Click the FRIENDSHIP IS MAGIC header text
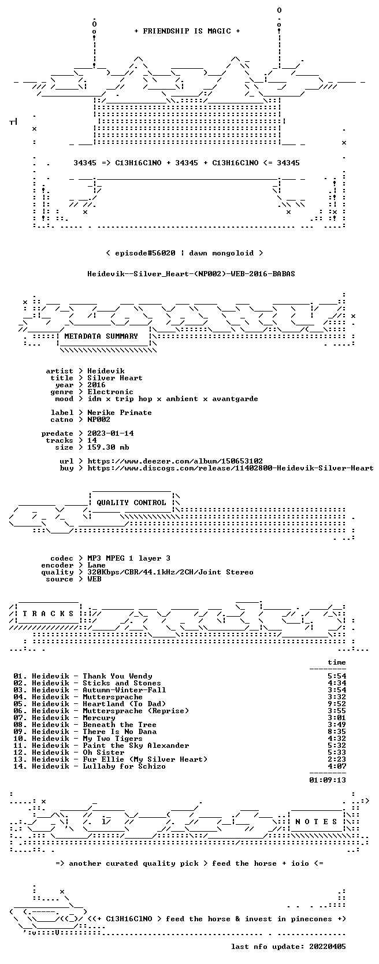(x=187, y=31)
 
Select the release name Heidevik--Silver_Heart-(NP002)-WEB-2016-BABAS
(x=191, y=274)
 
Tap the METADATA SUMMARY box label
(x=101, y=336)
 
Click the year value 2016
(x=96, y=385)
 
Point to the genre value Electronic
(x=110, y=392)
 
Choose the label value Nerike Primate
(x=120, y=412)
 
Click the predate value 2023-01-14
(x=110, y=433)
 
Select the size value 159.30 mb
(x=108, y=447)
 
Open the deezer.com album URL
(x=175, y=461)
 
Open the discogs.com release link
(x=230, y=468)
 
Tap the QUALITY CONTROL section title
(x=131, y=503)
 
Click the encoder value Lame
(x=96, y=565)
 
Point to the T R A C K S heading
(x=48, y=613)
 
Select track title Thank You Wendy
(x=117, y=676)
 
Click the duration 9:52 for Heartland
(x=337, y=703)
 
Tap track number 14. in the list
(x=20, y=766)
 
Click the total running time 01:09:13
(x=328, y=780)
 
